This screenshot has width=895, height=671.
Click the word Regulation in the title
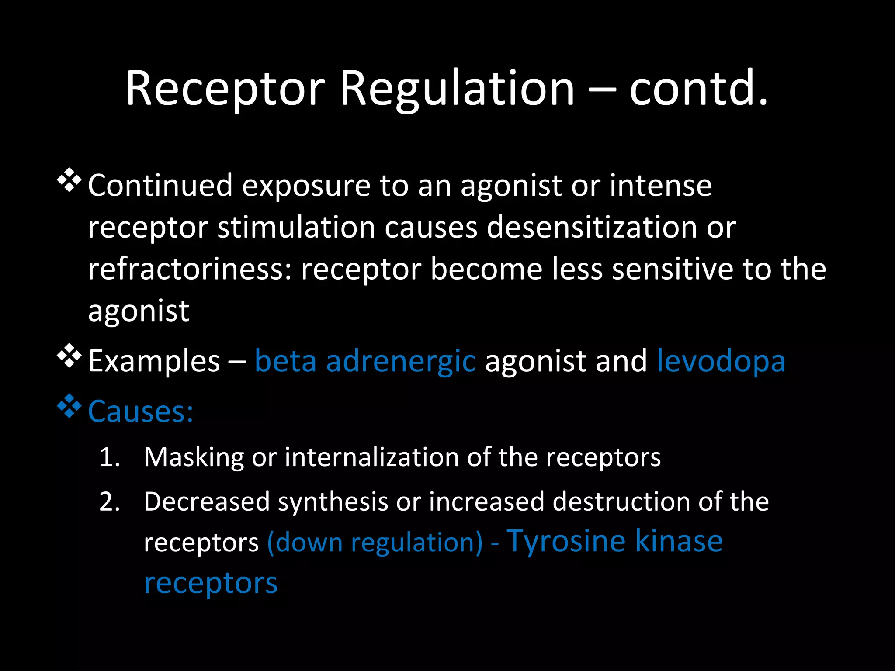point(457,90)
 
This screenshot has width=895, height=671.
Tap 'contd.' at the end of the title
point(698,90)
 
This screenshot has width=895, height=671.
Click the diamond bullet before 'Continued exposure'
point(69,180)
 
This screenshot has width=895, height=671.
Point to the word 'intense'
point(660,186)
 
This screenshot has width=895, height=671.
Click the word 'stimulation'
point(296,228)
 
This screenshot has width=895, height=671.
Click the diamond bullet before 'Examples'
point(69,356)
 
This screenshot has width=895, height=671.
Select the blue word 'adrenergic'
point(401,362)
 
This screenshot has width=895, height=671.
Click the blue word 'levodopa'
point(721,361)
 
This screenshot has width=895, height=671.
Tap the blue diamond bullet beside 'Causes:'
point(69,406)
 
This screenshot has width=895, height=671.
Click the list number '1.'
point(110,458)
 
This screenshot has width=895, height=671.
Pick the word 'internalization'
point(371,458)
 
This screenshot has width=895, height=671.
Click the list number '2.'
point(110,502)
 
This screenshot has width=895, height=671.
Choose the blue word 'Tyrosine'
point(566,542)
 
